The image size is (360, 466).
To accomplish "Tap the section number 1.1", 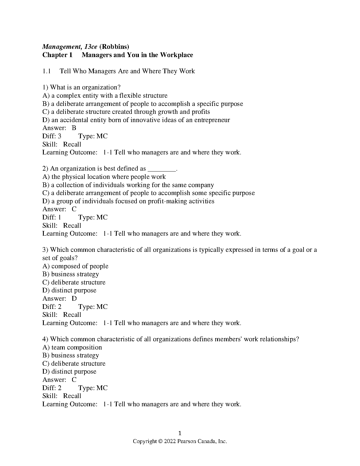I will [x=47, y=71].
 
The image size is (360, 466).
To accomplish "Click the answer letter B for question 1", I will [x=74, y=128].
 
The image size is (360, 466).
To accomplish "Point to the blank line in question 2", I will [x=161, y=169].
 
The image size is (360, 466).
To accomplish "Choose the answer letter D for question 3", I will [x=74, y=299].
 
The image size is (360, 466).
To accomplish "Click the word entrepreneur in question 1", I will [x=212, y=120].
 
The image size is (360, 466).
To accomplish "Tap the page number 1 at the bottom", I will [x=180, y=433].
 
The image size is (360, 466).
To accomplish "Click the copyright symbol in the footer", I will [x=160, y=441].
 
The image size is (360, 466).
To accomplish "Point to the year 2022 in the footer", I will [x=170, y=441].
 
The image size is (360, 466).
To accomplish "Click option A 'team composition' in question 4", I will [x=72, y=347].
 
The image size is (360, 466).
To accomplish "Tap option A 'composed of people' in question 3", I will [x=76, y=266].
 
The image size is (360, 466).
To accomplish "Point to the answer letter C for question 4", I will [x=74, y=380].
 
